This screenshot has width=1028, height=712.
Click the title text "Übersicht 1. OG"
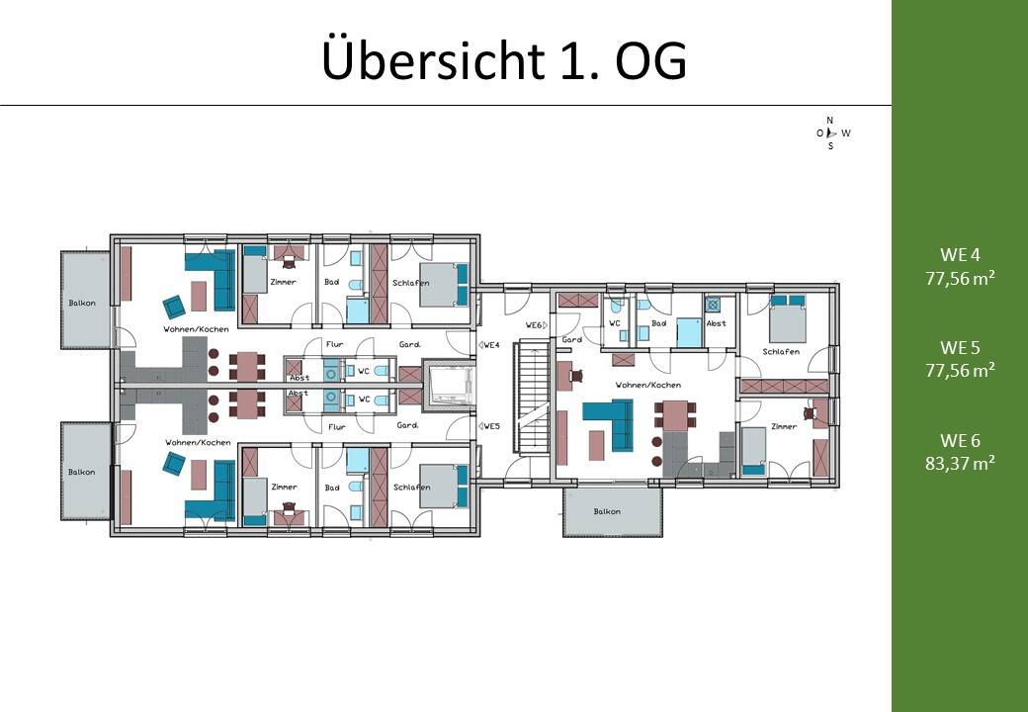tap(504, 61)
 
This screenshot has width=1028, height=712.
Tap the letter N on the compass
tap(830, 120)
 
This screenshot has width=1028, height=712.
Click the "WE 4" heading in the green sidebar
tap(959, 254)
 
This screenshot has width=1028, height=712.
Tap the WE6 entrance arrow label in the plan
tap(537, 325)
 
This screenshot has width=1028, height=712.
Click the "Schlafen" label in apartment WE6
tap(782, 352)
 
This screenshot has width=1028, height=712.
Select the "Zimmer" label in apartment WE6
tap(783, 426)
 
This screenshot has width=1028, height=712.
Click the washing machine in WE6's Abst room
tap(713, 306)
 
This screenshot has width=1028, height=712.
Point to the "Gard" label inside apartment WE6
tap(571, 339)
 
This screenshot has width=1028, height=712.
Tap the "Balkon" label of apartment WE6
tap(607, 511)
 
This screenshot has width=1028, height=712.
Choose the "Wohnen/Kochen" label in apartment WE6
tap(647, 385)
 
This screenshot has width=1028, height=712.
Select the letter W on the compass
tap(846, 133)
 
